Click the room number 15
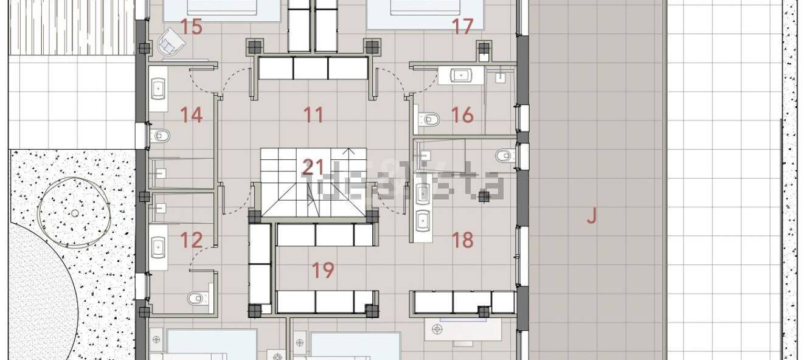[192, 27]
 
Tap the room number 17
[463, 27]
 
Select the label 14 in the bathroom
[192, 115]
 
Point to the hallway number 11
[313, 115]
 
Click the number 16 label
[462, 115]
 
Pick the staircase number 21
[313, 168]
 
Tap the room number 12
[192, 240]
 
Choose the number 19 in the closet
[323, 270]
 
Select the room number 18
[463, 240]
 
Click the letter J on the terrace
[592, 216]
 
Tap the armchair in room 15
[172, 43]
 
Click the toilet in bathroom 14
[160, 136]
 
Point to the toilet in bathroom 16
[429, 119]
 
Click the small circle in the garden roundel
[75, 213]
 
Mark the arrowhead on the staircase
[348, 151]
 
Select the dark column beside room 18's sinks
[484, 196]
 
